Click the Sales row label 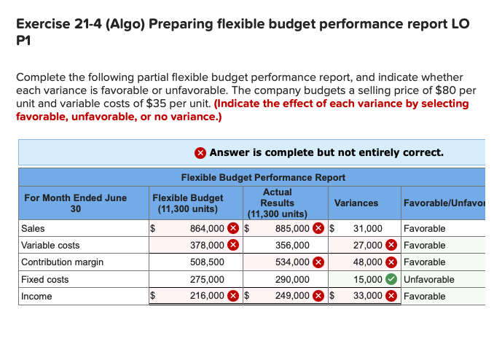pyautogui.click(x=33, y=229)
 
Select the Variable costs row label pyautogui.click(x=50, y=246)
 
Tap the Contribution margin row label pyautogui.click(x=62, y=262)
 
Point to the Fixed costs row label pyautogui.click(x=45, y=279)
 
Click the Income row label pyautogui.click(x=36, y=297)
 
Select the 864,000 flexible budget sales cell pyautogui.click(x=207, y=229)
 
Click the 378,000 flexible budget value pyautogui.click(x=207, y=246)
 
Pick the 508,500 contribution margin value pyautogui.click(x=207, y=262)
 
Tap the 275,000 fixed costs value pyautogui.click(x=207, y=279)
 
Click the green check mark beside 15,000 pyautogui.click(x=392, y=279)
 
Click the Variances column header pyautogui.click(x=356, y=203)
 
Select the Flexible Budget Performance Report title pyautogui.click(x=263, y=177)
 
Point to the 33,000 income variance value pyautogui.click(x=368, y=297)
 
